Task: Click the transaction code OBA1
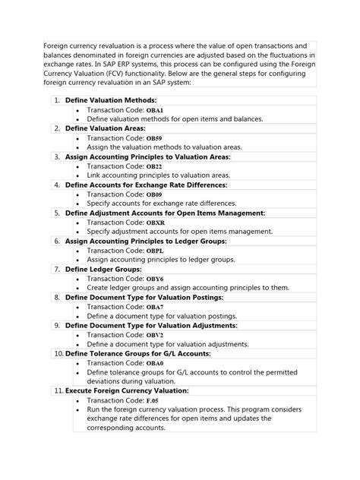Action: coord(156,110)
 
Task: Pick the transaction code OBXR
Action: coord(156,222)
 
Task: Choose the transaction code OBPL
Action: coord(155,250)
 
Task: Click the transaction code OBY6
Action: coord(155,279)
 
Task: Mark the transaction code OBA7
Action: coord(155,307)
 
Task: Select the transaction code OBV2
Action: coord(155,335)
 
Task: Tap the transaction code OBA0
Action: coord(155,363)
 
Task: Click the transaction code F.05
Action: coord(153,399)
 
